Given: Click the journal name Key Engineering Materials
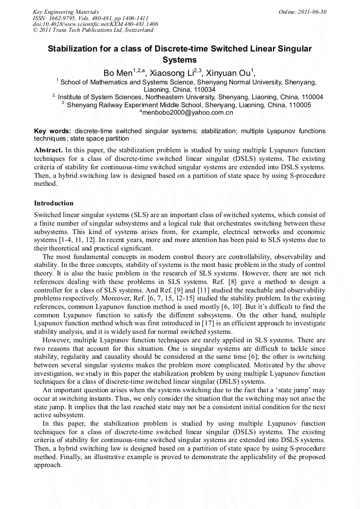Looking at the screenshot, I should pos(65,11).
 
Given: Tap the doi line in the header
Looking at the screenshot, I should pos(95,24).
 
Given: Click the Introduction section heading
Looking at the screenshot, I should pos(54,203).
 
